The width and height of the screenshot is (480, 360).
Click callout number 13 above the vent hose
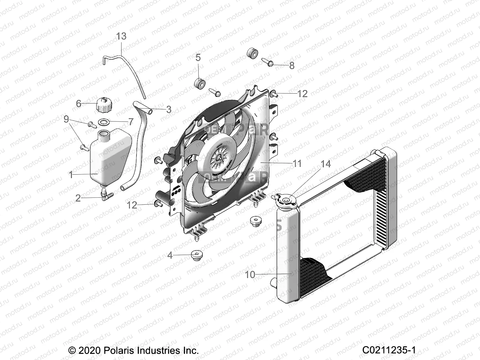(x=121, y=36)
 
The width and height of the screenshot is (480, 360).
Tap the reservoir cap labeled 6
(x=103, y=105)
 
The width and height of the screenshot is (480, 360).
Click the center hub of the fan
(x=219, y=157)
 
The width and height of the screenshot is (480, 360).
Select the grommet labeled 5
(x=199, y=83)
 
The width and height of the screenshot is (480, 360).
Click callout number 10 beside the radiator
(x=250, y=274)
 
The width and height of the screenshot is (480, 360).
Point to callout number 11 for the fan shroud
(x=297, y=163)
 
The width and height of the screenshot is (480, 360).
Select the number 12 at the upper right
(x=302, y=94)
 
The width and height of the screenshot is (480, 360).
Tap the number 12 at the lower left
(x=132, y=205)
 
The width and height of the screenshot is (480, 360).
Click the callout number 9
(x=66, y=119)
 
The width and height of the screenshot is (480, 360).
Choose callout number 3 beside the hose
(x=169, y=109)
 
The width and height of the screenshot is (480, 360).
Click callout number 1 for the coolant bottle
(x=71, y=175)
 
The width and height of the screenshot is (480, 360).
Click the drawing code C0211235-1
(x=389, y=350)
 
